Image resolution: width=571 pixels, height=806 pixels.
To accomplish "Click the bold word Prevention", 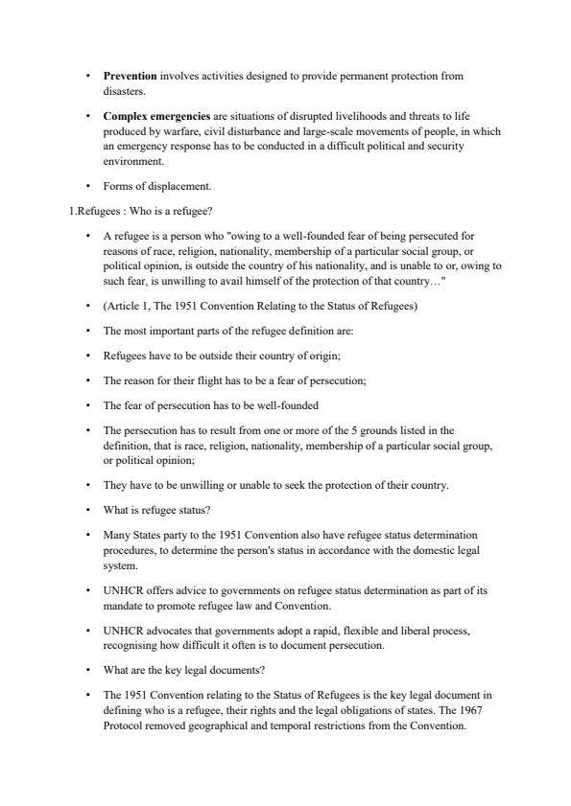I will pyautogui.click(x=130, y=75).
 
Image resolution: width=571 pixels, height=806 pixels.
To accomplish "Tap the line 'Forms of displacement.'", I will pyautogui.click(x=151, y=186).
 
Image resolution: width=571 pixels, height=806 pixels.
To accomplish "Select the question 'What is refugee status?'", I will pyautogui.click(x=155, y=509).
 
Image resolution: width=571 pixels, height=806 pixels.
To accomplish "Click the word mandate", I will pyautogui.click(x=124, y=607).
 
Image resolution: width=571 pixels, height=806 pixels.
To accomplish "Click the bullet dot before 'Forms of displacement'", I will pyautogui.click(x=87, y=186).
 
